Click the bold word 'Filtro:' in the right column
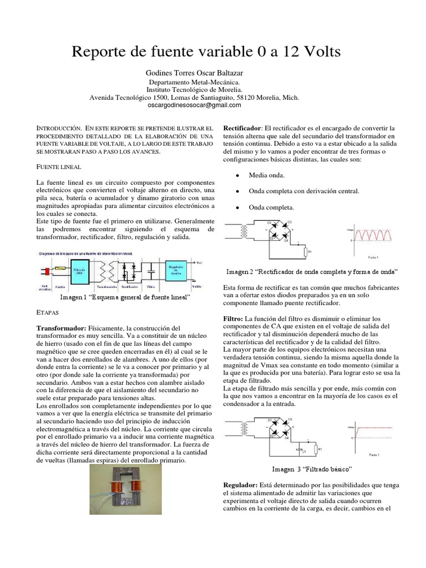[232, 319]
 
